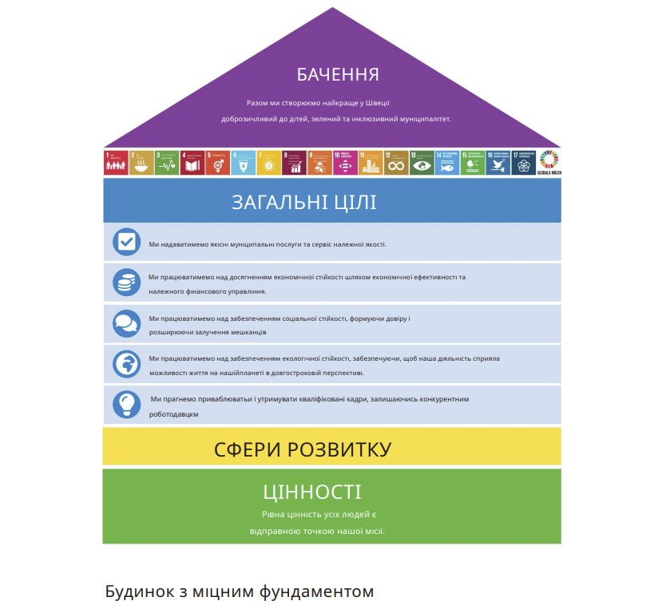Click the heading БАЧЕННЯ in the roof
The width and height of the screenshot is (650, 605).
pyautogui.click(x=338, y=75)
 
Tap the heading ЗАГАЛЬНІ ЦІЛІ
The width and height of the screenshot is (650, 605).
pyautogui.click(x=304, y=202)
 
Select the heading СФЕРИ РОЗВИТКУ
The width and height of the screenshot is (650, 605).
pyautogui.click(x=303, y=449)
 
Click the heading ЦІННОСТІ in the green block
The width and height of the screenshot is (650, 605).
pyautogui.click(x=311, y=492)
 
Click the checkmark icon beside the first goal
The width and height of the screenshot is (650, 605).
pyautogui.click(x=126, y=242)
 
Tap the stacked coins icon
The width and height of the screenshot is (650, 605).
pyautogui.click(x=126, y=283)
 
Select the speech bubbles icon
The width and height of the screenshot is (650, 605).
pyautogui.click(x=126, y=323)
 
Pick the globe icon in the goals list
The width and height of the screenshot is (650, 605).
pyautogui.click(x=126, y=364)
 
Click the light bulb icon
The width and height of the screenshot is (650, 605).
pyautogui.click(x=126, y=404)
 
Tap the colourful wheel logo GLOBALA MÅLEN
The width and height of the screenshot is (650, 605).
pyautogui.click(x=548, y=162)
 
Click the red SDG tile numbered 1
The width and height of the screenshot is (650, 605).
pyautogui.click(x=116, y=163)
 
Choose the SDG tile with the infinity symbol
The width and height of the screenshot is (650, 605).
pyautogui.click(x=395, y=163)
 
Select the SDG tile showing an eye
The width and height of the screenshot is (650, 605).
pyautogui.click(x=422, y=163)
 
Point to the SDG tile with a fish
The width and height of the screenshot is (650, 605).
pyautogui.click(x=447, y=163)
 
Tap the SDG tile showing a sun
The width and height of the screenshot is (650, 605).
pyautogui.click(x=268, y=163)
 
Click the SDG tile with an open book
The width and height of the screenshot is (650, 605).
pyautogui.click(x=192, y=163)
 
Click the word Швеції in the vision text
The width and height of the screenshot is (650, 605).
pyautogui.click(x=377, y=103)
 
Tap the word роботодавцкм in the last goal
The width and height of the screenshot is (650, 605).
pyautogui.click(x=173, y=414)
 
